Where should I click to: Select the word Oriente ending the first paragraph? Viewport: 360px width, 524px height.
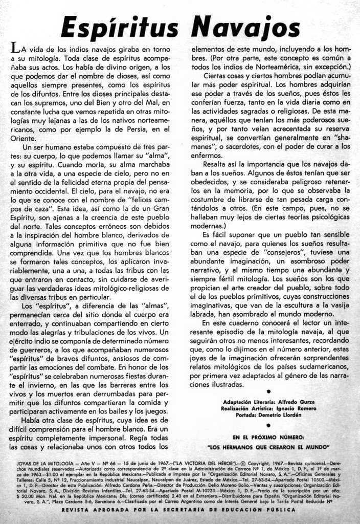tap(22, 138)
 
